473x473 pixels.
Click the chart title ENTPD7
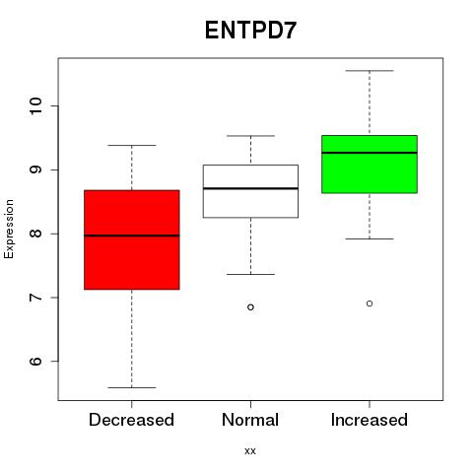(250, 31)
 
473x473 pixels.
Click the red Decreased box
(132, 239)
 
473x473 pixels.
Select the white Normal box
(250, 191)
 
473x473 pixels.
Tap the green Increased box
(370, 165)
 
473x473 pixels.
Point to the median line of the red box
(132, 236)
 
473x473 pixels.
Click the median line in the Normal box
(250, 188)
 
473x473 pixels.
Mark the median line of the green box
(370, 153)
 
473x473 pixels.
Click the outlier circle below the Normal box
(250, 307)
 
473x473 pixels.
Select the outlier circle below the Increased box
(370, 304)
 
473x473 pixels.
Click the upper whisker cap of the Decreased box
(132, 145)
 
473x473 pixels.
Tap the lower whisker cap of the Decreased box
(132, 387)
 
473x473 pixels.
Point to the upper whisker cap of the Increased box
(370, 71)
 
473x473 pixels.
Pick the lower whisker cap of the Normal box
(250, 274)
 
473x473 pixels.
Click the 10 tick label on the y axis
(35, 105)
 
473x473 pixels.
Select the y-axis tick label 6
(35, 362)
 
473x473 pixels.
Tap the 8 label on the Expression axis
(35, 234)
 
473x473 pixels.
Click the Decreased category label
(131, 420)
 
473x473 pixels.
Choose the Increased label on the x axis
(370, 420)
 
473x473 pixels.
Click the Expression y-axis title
(9, 229)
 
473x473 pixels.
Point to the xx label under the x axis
(250, 451)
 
